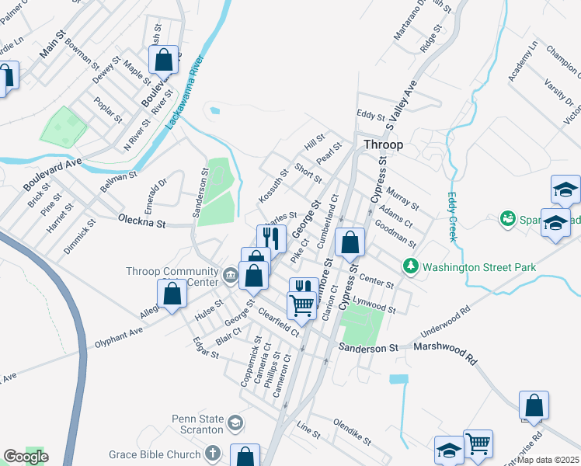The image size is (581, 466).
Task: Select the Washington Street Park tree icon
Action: (x=410, y=267)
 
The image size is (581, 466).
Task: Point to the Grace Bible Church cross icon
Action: (x=215, y=454)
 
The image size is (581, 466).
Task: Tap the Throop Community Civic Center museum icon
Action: (x=231, y=275)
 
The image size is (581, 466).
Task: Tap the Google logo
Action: (x=26, y=456)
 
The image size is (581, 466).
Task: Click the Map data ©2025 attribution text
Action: (x=548, y=460)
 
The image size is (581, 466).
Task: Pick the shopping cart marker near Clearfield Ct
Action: (x=301, y=304)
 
